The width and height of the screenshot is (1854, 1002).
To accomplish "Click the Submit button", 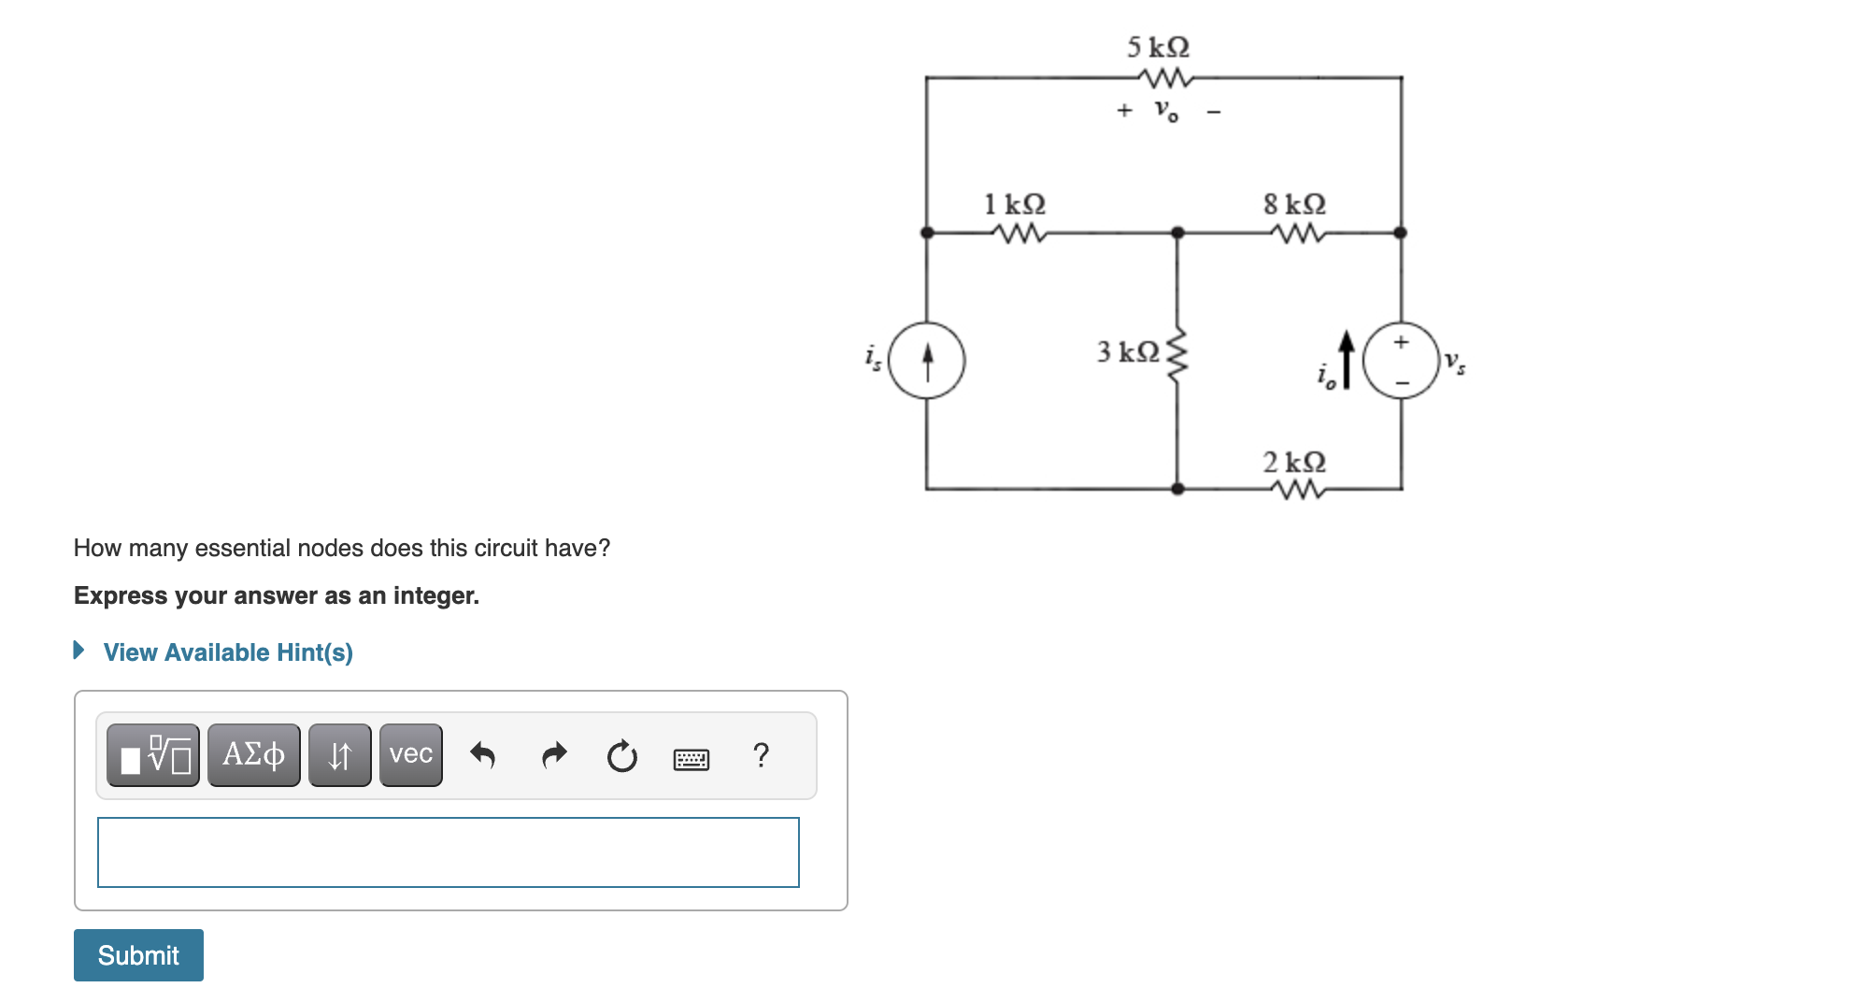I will tap(138, 954).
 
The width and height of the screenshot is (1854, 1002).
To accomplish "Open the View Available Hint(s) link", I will tap(227, 652).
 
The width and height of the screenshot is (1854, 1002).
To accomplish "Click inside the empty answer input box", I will tap(448, 852).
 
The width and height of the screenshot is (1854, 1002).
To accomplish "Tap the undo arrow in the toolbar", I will tap(482, 754).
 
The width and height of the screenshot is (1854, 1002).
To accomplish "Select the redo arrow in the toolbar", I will tap(554, 754).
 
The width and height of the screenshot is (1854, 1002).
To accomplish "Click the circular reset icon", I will tap(621, 755).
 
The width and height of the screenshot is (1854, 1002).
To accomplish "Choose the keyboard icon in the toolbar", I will tap(691, 758).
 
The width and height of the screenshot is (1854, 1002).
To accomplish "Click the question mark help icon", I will tap(761, 754).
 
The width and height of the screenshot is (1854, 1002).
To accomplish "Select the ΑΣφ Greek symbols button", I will tap(253, 754).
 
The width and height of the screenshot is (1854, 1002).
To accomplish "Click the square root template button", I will tap(153, 754).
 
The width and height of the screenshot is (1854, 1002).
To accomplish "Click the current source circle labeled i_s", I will tap(926, 360).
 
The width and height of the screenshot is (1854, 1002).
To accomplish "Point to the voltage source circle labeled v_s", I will tap(1400, 360).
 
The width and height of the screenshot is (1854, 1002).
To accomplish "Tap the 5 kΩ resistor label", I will tap(1158, 47).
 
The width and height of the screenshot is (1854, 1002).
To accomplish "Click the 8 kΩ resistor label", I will tap(1294, 204).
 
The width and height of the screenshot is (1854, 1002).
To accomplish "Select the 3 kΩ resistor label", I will tap(1128, 351).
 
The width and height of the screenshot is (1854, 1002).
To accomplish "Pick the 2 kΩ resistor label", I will tap(1294, 462).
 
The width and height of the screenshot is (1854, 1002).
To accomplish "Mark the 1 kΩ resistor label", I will tap(1015, 204).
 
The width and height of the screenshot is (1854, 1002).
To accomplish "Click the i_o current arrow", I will tap(1346, 359).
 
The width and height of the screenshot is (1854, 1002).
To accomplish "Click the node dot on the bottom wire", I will tap(1177, 488).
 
